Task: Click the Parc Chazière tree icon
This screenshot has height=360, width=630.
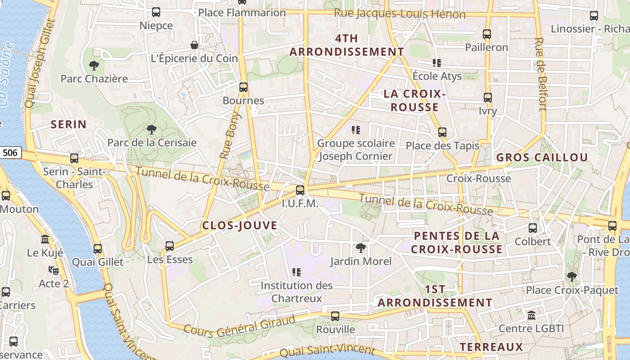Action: [x=94, y=66]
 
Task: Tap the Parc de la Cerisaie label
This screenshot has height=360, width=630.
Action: [x=152, y=143]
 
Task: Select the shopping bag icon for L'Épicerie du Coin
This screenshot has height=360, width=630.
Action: [x=194, y=45]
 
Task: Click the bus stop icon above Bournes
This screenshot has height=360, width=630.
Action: [x=243, y=87]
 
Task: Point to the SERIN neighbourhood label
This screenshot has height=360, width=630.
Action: [x=68, y=125]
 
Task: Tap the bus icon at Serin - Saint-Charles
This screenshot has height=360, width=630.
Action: [x=74, y=158]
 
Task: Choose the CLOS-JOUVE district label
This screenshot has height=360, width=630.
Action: [x=239, y=226]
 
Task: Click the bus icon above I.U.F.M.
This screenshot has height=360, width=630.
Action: [x=300, y=190]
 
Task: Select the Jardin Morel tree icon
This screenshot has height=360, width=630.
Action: [x=360, y=247]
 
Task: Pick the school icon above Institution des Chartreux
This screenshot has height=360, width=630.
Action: [x=297, y=272]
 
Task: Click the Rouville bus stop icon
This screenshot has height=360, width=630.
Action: [x=335, y=316]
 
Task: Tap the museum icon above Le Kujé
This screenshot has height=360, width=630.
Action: [x=45, y=239]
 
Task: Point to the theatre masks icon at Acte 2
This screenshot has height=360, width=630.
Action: [x=54, y=270]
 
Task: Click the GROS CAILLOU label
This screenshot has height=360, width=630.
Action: [x=542, y=157]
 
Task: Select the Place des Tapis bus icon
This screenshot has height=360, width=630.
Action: [x=442, y=132]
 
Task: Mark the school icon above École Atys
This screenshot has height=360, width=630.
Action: [x=436, y=63]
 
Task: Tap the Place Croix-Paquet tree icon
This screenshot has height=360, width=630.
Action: [x=571, y=277]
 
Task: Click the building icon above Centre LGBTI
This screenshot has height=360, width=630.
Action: [x=531, y=315]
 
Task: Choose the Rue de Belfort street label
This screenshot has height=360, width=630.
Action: [x=541, y=74]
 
